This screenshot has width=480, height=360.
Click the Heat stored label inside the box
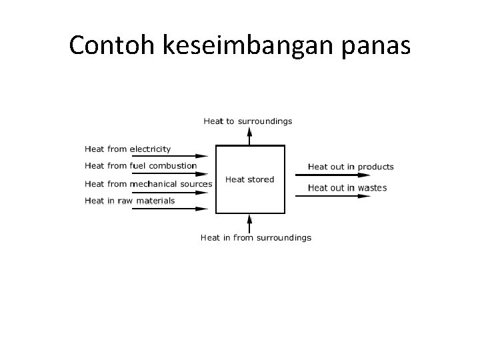pos(249,179)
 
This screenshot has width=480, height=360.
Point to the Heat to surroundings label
pos(247,121)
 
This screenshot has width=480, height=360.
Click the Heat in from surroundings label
pos(256,237)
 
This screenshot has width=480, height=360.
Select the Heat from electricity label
pos(128,149)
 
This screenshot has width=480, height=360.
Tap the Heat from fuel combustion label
pos(141,165)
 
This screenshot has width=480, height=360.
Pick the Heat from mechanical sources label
pos(149,183)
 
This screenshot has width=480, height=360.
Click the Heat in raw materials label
pos(130,200)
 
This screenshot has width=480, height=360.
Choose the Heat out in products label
pos(351,167)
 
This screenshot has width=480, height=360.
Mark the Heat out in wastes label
pos(347,188)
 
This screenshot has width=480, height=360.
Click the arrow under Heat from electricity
pos(170,157)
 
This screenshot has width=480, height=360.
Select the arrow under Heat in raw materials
pos(170,209)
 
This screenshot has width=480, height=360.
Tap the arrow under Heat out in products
pos(332,175)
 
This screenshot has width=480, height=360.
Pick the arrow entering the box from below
pos(249,223)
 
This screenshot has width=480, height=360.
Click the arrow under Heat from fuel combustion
pos(170,174)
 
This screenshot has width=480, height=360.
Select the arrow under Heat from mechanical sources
pos(170,192)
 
